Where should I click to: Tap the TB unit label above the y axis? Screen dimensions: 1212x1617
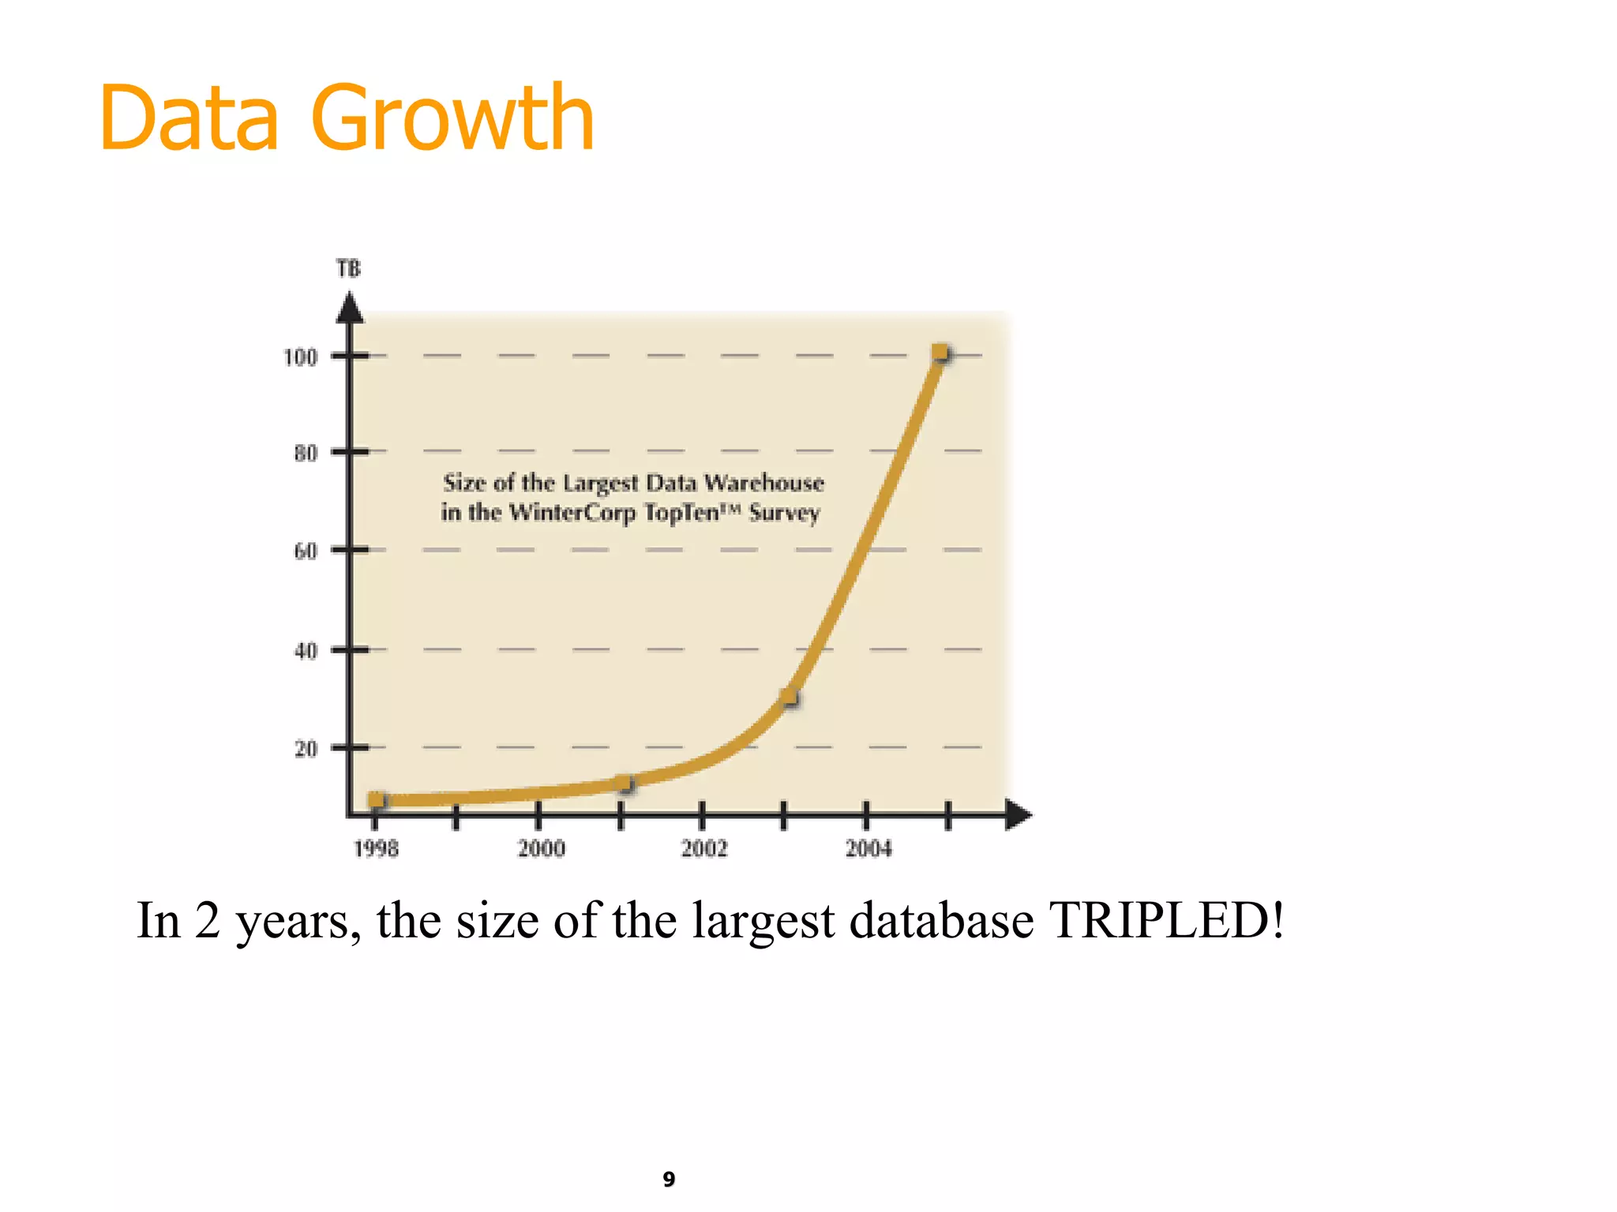348,269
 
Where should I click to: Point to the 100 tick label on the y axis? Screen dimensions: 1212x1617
300,357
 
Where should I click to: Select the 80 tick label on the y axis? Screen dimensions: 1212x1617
306,454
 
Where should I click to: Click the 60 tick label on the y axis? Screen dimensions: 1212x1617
306,551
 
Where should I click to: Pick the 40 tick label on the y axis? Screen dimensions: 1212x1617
306,651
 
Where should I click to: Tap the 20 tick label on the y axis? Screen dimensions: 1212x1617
306,748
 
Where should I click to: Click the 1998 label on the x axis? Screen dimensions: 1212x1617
376,849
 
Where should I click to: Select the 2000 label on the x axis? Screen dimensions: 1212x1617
541,849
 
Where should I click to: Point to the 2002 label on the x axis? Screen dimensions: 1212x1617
704,849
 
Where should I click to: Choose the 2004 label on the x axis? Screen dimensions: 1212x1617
869,849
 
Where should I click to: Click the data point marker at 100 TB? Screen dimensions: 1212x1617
940,353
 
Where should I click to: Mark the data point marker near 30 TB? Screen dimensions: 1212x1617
790,698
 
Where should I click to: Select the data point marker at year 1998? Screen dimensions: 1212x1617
377,800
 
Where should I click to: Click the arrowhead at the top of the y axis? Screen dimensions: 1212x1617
350,308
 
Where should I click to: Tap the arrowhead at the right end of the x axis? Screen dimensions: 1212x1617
1018,814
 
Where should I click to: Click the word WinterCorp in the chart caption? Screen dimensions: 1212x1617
572,513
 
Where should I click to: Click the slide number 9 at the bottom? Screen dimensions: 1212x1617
669,1179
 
